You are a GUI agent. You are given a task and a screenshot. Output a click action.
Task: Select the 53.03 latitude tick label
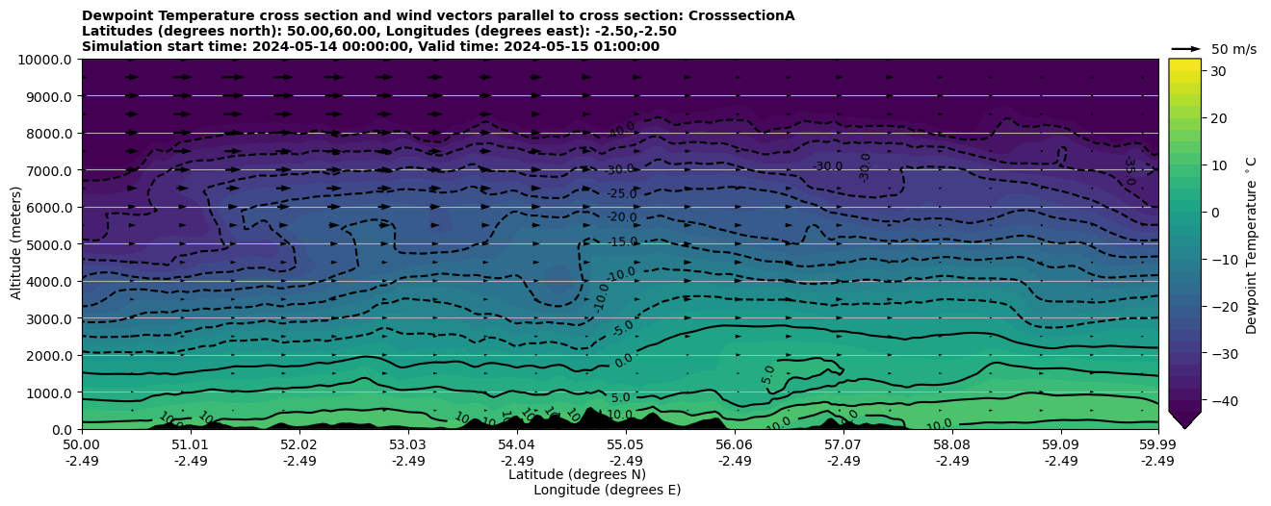(x=408, y=445)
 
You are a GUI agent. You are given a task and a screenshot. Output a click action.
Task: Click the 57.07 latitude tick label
(x=843, y=445)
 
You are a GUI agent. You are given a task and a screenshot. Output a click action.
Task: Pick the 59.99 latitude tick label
(x=1157, y=445)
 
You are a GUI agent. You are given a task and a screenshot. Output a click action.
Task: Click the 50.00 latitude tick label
(x=82, y=445)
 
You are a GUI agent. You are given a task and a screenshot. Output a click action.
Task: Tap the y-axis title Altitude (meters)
(x=16, y=244)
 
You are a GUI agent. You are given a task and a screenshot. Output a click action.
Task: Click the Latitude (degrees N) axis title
(x=577, y=474)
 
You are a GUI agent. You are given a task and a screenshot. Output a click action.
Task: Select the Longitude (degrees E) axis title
(x=607, y=490)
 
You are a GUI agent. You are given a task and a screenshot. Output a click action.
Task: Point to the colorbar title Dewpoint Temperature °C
(x=1252, y=244)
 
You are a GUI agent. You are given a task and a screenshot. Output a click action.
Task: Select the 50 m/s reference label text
(x=1233, y=49)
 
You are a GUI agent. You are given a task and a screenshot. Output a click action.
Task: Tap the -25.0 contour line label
(x=622, y=194)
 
